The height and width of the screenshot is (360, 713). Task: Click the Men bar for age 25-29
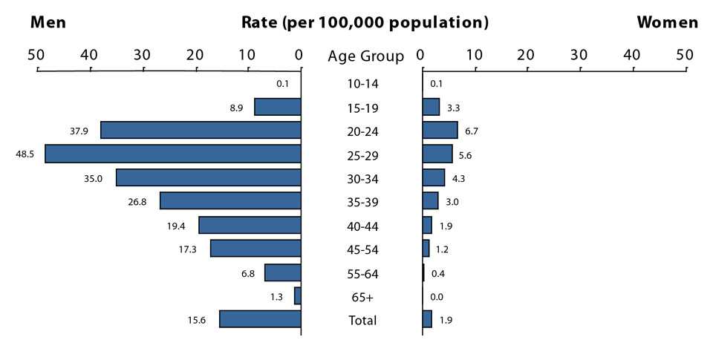pyautogui.click(x=172, y=154)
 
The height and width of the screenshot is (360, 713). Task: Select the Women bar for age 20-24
pyautogui.click(x=440, y=131)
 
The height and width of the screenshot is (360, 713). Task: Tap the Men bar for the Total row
pyautogui.click(x=260, y=319)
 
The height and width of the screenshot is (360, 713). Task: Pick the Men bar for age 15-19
pyautogui.click(x=277, y=107)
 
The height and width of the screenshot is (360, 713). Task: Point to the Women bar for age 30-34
pyautogui.click(x=434, y=178)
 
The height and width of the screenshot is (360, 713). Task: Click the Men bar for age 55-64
pyautogui.click(x=282, y=272)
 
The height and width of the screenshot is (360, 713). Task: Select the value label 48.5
pyautogui.click(x=25, y=154)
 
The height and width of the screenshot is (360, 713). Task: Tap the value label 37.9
pyautogui.click(x=79, y=131)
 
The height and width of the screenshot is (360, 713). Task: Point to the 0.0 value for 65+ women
pyautogui.click(x=437, y=297)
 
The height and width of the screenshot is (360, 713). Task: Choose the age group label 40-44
pyautogui.click(x=362, y=226)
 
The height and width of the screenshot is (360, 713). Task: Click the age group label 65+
pyautogui.click(x=362, y=297)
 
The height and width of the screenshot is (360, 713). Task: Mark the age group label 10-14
pyautogui.click(x=362, y=84)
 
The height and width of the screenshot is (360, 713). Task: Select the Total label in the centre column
pyautogui.click(x=362, y=321)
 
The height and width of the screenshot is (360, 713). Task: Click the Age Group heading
pyautogui.click(x=365, y=56)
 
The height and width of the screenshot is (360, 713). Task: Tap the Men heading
pyautogui.click(x=48, y=22)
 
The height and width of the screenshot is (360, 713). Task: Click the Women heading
pyautogui.click(x=667, y=22)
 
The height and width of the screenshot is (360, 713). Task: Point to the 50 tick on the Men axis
pyautogui.click(x=36, y=54)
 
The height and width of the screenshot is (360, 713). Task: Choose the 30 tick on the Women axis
pyautogui.click(x=579, y=54)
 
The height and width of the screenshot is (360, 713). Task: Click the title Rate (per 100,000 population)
pyautogui.click(x=365, y=22)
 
